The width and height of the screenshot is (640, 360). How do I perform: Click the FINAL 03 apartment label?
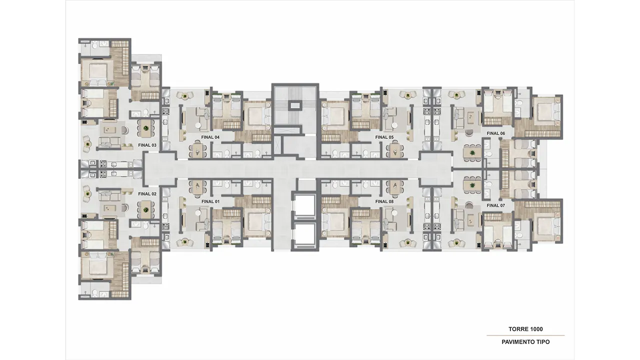pyautogui.click(x=147, y=145)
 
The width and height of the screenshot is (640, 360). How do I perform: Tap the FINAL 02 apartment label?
pyautogui.click(x=147, y=193)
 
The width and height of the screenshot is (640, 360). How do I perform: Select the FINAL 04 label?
pyautogui.click(x=210, y=137)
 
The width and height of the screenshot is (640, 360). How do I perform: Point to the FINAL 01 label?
pyautogui.click(x=210, y=201)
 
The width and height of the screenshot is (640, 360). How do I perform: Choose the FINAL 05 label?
pyautogui.click(x=384, y=137)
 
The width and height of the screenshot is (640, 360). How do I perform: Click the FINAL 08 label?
pyautogui.click(x=384, y=201)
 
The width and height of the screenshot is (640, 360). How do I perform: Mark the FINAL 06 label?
pyautogui.click(x=495, y=133)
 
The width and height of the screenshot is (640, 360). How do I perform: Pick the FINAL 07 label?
pyautogui.click(x=495, y=205)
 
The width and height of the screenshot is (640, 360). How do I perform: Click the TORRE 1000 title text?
pyautogui.click(x=525, y=329)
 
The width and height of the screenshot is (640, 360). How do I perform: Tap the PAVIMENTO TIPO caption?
pyautogui.click(x=525, y=342)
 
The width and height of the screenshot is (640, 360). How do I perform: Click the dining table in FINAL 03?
pyautogui.click(x=146, y=128)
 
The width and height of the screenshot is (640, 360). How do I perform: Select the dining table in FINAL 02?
pyautogui.click(x=146, y=210)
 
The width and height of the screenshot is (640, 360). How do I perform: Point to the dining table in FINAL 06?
pyautogui.click(x=471, y=153)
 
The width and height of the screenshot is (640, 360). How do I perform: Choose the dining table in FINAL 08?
pyautogui.click(x=395, y=187)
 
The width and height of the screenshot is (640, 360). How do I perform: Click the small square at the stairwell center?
pyautogui.click(x=295, y=105)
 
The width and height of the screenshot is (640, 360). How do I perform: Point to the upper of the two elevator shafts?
pyautogui.click(x=304, y=207)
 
